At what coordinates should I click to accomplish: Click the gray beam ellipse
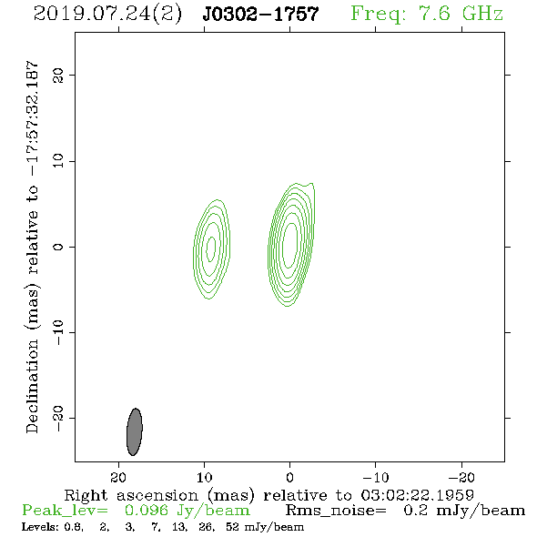coord(135,431)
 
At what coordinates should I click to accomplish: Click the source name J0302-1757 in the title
coord(260,14)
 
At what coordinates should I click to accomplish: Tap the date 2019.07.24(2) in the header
coord(107,15)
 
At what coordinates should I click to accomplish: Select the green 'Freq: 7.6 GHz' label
coord(427,14)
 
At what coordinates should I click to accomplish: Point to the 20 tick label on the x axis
coord(118,477)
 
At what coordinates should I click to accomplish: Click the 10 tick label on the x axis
coord(204,477)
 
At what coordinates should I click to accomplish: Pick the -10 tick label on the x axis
coord(375,477)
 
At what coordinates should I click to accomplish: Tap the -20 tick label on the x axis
coord(461,477)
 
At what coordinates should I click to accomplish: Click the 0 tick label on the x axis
coord(289,477)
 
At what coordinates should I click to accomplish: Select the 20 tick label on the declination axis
coord(58,75)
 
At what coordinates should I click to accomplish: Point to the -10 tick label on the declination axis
coord(58,332)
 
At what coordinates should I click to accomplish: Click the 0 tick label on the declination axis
coord(58,247)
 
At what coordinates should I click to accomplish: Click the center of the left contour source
coord(211,248)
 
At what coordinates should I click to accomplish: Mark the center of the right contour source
coord(290,245)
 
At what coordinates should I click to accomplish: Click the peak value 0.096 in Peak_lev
coord(147,511)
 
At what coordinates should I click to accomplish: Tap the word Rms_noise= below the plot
coord(336,511)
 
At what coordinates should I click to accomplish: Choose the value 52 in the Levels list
coord(233,527)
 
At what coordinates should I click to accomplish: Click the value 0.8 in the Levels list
coord(74,527)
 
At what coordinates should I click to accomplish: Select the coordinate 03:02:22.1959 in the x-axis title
coord(417,495)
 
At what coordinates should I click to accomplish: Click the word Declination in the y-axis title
coord(32,386)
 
